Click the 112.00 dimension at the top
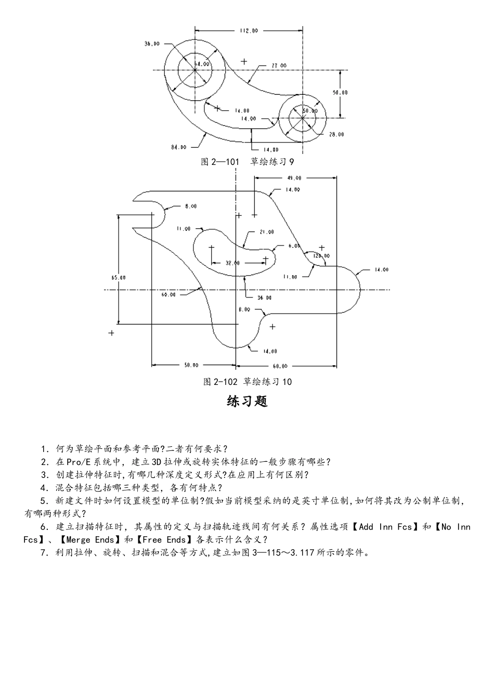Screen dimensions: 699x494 [x=249, y=31]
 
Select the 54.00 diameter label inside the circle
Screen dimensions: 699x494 [x=202, y=64]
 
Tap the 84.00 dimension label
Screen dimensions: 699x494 [x=178, y=147]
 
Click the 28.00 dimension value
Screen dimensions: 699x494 [x=336, y=134]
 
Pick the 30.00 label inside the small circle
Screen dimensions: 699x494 [x=309, y=110]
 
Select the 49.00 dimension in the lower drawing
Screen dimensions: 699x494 [x=294, y=178]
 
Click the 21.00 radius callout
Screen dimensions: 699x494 [x=267, y=232]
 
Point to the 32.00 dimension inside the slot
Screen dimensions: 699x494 [x=232, y=263]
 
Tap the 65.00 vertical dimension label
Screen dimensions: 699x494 [x=119, y=277]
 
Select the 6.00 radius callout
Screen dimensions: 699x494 [x=294, y=245]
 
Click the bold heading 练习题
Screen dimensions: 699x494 [x=247, y=402]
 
